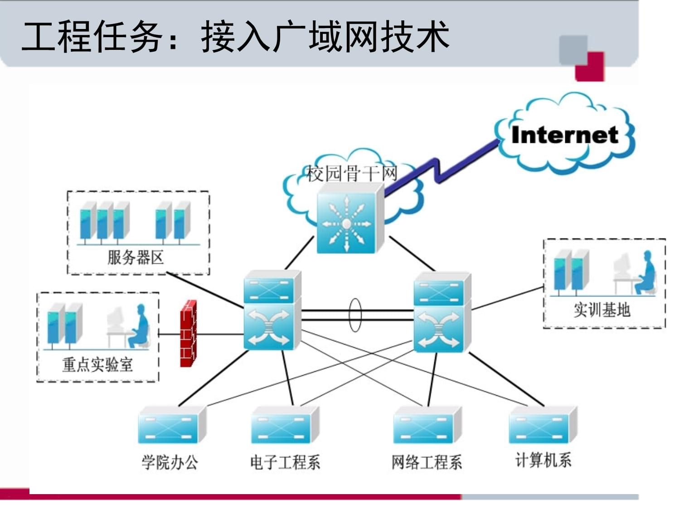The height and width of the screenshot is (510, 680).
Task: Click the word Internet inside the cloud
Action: coord(564,135)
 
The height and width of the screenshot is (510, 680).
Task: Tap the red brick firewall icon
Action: coord(188,334)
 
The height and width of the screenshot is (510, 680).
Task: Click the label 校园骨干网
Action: coord(352,174)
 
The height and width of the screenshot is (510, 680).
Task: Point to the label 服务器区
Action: coord(135,257)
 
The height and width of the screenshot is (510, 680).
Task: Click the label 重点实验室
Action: coord(97,364)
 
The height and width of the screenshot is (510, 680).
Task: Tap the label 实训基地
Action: coord(602,310)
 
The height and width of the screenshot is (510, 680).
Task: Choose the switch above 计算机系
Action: coord(542,425)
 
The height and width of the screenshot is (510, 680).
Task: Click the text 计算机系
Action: coord(543,460)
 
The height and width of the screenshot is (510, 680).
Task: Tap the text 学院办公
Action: coord(170,462)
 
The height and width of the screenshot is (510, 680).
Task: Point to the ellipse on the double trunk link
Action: coord(355,315)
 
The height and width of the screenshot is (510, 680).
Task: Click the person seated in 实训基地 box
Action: coord(646,272)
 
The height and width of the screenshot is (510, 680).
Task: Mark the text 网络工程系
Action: coord(427,462)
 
